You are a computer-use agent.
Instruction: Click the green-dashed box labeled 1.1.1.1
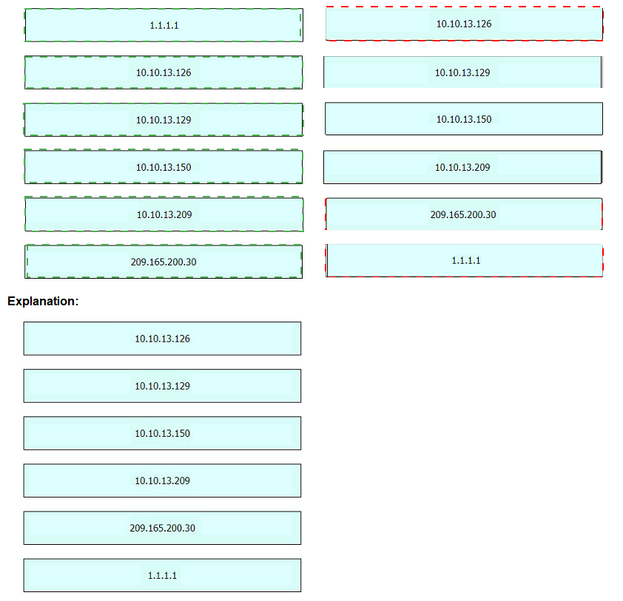click(164, 25)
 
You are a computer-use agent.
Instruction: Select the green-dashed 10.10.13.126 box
click(164, 72)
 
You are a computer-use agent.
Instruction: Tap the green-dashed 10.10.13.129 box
click(164, 120)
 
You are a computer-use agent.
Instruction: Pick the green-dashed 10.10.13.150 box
click(164, 167)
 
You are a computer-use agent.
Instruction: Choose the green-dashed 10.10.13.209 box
click(164, 214)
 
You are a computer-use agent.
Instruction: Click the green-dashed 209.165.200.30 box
click(164, 262)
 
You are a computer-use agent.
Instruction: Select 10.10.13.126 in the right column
click(464, 24)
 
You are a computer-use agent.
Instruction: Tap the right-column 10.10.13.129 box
click(463, 72)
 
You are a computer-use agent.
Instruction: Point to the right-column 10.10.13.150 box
click(464, 119)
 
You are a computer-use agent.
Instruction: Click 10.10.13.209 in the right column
click(463, 167)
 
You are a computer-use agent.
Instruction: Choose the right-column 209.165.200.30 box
click(464, 214)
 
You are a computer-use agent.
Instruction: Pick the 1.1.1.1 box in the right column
click(465, 260)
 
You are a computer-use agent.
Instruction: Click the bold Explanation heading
click(43, 301)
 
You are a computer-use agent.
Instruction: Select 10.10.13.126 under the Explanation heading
click(162, 339)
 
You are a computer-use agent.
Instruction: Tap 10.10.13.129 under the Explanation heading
click(162, 386)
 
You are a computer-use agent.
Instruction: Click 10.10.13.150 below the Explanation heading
click(162, 433)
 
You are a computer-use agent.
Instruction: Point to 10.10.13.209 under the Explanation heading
click(162, 481)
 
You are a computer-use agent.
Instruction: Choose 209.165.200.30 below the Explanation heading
click(162, 528)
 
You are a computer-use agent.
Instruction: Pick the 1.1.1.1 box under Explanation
click(162, 575)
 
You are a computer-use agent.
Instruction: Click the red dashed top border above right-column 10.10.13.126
click(464, 7)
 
